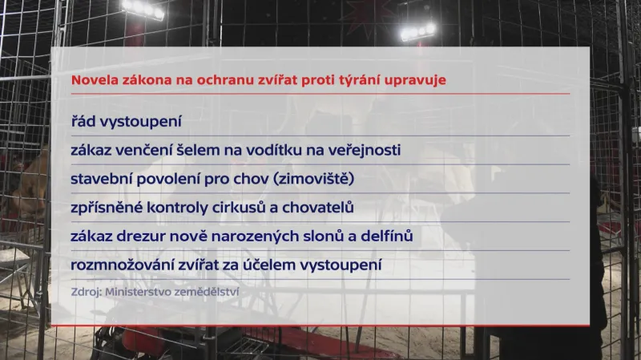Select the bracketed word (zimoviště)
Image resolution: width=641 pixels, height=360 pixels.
313,179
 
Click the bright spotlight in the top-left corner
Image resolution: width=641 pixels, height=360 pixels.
143,9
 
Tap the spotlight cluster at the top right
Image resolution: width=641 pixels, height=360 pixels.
418,31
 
